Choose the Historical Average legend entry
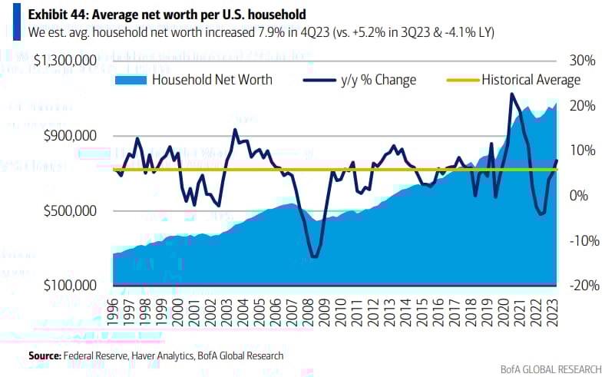(x=531, y=79)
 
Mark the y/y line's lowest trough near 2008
(x=314, y=256)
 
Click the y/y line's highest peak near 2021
(x=511, y=94)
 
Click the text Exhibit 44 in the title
(x=58, y=13)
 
